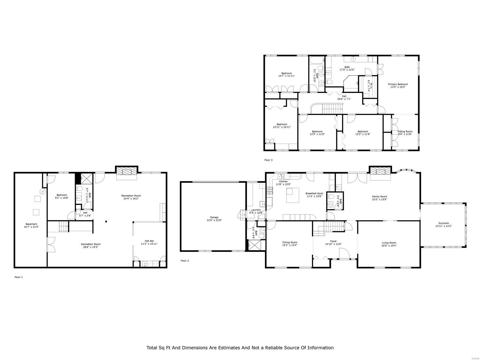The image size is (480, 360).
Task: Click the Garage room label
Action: pos(214,217)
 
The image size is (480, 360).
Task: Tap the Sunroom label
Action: pos(443,223)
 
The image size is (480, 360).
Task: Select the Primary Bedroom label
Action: pos(399,84)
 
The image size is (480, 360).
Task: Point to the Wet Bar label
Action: pos(149,241)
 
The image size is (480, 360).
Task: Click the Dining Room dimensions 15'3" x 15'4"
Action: pos(289,245)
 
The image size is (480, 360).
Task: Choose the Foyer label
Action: pos(333,241)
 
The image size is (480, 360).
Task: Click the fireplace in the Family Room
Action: pos(380,172)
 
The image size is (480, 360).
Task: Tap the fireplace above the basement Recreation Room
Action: pos(127,172)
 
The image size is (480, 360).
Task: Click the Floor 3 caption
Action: pos(268,160)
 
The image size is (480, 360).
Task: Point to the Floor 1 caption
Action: pos(19,277)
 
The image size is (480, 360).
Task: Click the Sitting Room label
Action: pos(405,131)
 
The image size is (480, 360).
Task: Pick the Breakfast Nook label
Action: pos(314,193)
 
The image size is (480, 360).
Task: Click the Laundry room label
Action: pos(256,210)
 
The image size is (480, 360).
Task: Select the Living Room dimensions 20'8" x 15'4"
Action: pos(389,245)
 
